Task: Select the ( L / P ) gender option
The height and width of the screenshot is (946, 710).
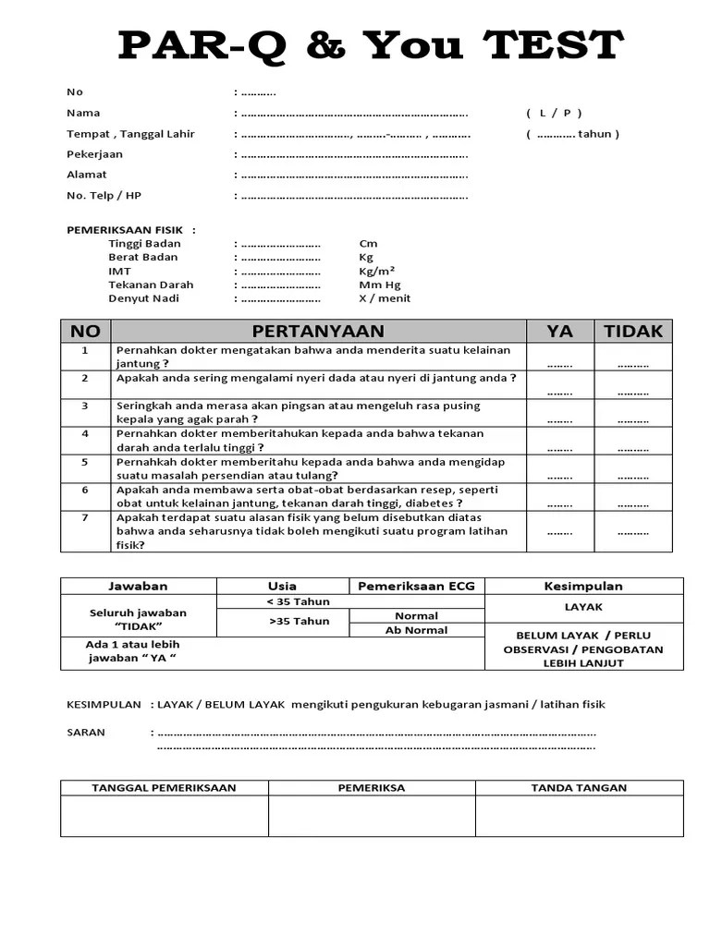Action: (x=554, y=113)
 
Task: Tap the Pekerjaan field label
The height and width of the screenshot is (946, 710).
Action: (x=94, y=153)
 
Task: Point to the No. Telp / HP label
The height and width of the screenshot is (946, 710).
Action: (x=104, y=195)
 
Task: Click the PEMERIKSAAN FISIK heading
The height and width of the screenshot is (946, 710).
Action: (x=130, y=229)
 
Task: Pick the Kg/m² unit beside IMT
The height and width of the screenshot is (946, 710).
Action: (x=377, y=271)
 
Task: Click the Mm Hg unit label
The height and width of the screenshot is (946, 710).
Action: (x=379, y=285)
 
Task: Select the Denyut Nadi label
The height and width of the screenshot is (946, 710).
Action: (x=143, y=298)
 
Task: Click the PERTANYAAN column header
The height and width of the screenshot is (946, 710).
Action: (x=318, y=331)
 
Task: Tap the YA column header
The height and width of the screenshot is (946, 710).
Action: (x=559, y=331)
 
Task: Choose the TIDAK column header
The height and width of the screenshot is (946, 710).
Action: (x=633, y=331)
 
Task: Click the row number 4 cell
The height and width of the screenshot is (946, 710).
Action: (x=85, y=433)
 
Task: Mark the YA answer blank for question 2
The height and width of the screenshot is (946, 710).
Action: (x=559, y=392)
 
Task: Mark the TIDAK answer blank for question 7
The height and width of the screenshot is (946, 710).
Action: (x=633, y=532)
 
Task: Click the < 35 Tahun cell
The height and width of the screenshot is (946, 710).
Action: (x=283, y=601)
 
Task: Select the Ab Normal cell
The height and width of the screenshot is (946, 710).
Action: (x=416, y=630)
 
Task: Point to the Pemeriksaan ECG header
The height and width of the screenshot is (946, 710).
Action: (x=416, y=586)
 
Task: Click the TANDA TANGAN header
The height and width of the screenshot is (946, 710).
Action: (x=579, y=788)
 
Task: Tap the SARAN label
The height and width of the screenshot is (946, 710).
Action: (x=86, y=732)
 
